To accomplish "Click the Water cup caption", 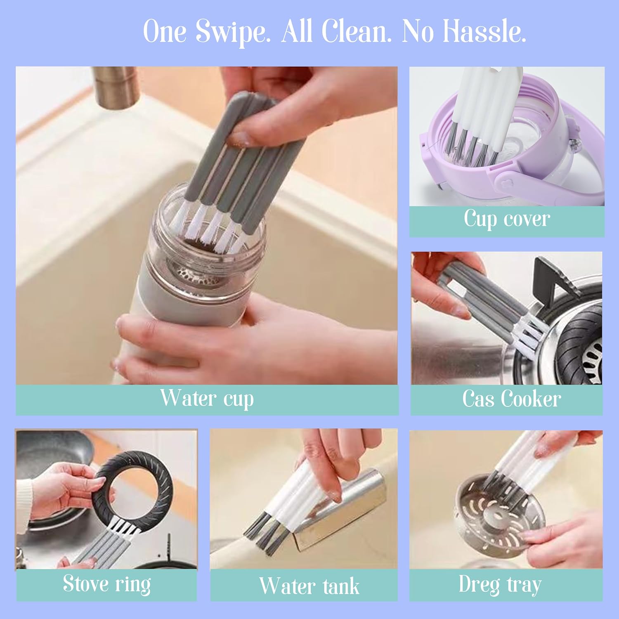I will (x=207, y=399).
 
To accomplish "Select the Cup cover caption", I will (x=507, y=219).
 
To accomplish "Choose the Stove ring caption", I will (x=107, y=584).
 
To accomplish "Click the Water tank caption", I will (x=309, y=586).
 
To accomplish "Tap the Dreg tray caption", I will (x=500, y=584).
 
